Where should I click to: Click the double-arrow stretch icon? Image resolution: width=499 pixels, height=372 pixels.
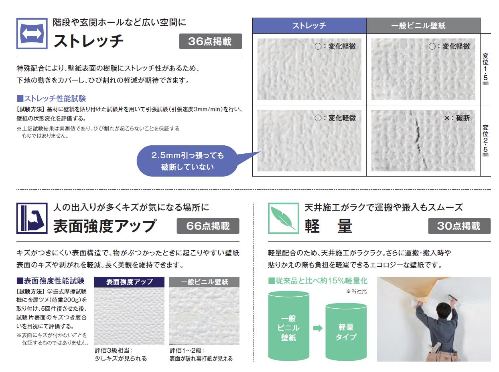(32, 34)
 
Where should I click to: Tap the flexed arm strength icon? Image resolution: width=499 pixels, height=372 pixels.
(32, 218)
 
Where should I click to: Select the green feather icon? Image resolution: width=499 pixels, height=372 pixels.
(284, 218)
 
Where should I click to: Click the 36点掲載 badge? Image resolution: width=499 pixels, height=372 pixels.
(211, 41)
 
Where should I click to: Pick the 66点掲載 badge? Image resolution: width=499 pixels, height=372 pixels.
(208, 226)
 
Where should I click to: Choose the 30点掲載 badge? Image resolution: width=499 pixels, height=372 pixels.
(459, 226)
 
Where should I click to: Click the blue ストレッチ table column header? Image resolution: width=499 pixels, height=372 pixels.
(309, 26)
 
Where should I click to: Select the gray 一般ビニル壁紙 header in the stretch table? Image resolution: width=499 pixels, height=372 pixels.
(423, 26)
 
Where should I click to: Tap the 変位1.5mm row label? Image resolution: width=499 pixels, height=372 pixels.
(485, 69)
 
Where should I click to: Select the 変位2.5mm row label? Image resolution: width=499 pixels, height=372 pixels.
(485, 141)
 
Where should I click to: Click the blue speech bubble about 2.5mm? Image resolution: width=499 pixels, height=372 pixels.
(188, 161)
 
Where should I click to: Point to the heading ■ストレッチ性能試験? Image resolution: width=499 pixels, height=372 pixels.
(51, 99)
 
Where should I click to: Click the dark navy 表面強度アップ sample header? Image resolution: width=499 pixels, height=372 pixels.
(129, 282)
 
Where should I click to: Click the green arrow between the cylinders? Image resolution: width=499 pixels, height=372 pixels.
(318, 328)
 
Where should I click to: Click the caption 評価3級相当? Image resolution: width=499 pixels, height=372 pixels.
(114, 351)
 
